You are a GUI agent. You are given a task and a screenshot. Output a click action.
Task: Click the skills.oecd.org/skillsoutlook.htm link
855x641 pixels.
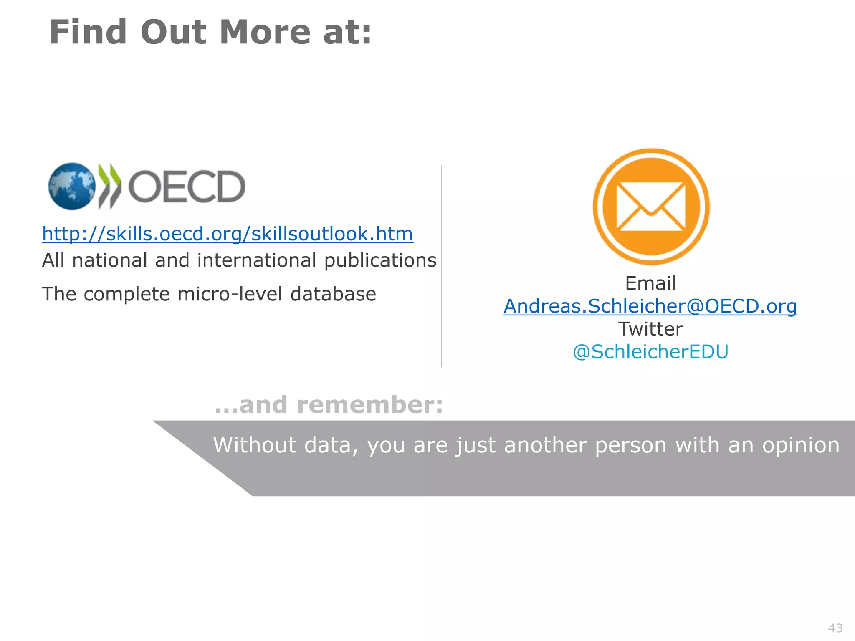(x=228, y=234)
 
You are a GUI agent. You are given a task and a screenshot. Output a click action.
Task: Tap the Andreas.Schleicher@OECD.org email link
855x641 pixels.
(x=650, y=306)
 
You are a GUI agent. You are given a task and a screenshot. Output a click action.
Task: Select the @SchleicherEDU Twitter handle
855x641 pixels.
(x=650, y=352)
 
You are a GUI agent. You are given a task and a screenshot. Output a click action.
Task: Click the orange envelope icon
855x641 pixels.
(x=651, y=207)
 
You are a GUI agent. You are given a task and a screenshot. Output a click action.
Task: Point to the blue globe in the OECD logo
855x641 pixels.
(x=72, y=186)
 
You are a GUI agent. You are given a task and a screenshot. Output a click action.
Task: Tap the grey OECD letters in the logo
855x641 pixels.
(x=187, y=187)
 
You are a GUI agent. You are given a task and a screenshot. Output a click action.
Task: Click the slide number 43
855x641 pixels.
(x=835, y=628)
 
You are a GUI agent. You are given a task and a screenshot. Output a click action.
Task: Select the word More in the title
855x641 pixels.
(x=265, y=33)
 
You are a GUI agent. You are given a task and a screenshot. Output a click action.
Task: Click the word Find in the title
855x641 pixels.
(x=88, y=33)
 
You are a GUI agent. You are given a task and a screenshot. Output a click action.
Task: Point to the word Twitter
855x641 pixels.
(x=650, y=329)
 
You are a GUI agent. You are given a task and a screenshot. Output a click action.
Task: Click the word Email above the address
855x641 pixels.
(x=650, y=283)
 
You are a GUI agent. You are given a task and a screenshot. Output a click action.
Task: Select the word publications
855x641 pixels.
(x=380, y=261)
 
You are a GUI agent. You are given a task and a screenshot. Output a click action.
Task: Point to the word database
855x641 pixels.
(x=333, y=294)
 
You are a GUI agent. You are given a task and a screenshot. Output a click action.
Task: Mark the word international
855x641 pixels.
(x=257, y=261)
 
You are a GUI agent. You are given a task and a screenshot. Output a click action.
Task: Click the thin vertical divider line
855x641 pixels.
(x=442, y=267)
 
